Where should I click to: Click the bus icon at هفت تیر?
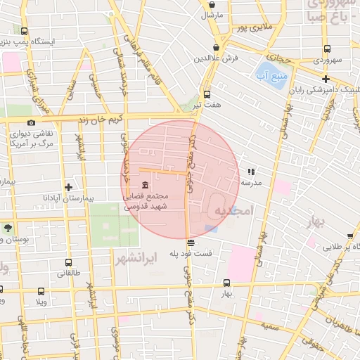(207, 94)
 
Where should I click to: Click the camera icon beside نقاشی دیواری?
(31, 123)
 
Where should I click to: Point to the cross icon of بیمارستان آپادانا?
(68, 186)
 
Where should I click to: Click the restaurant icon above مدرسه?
(251, 171)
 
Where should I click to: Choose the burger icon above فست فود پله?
(190, 243)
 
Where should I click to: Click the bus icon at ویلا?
(39, 291)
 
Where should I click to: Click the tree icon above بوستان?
(8, 229)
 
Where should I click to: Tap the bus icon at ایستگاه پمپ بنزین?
(25, 31)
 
